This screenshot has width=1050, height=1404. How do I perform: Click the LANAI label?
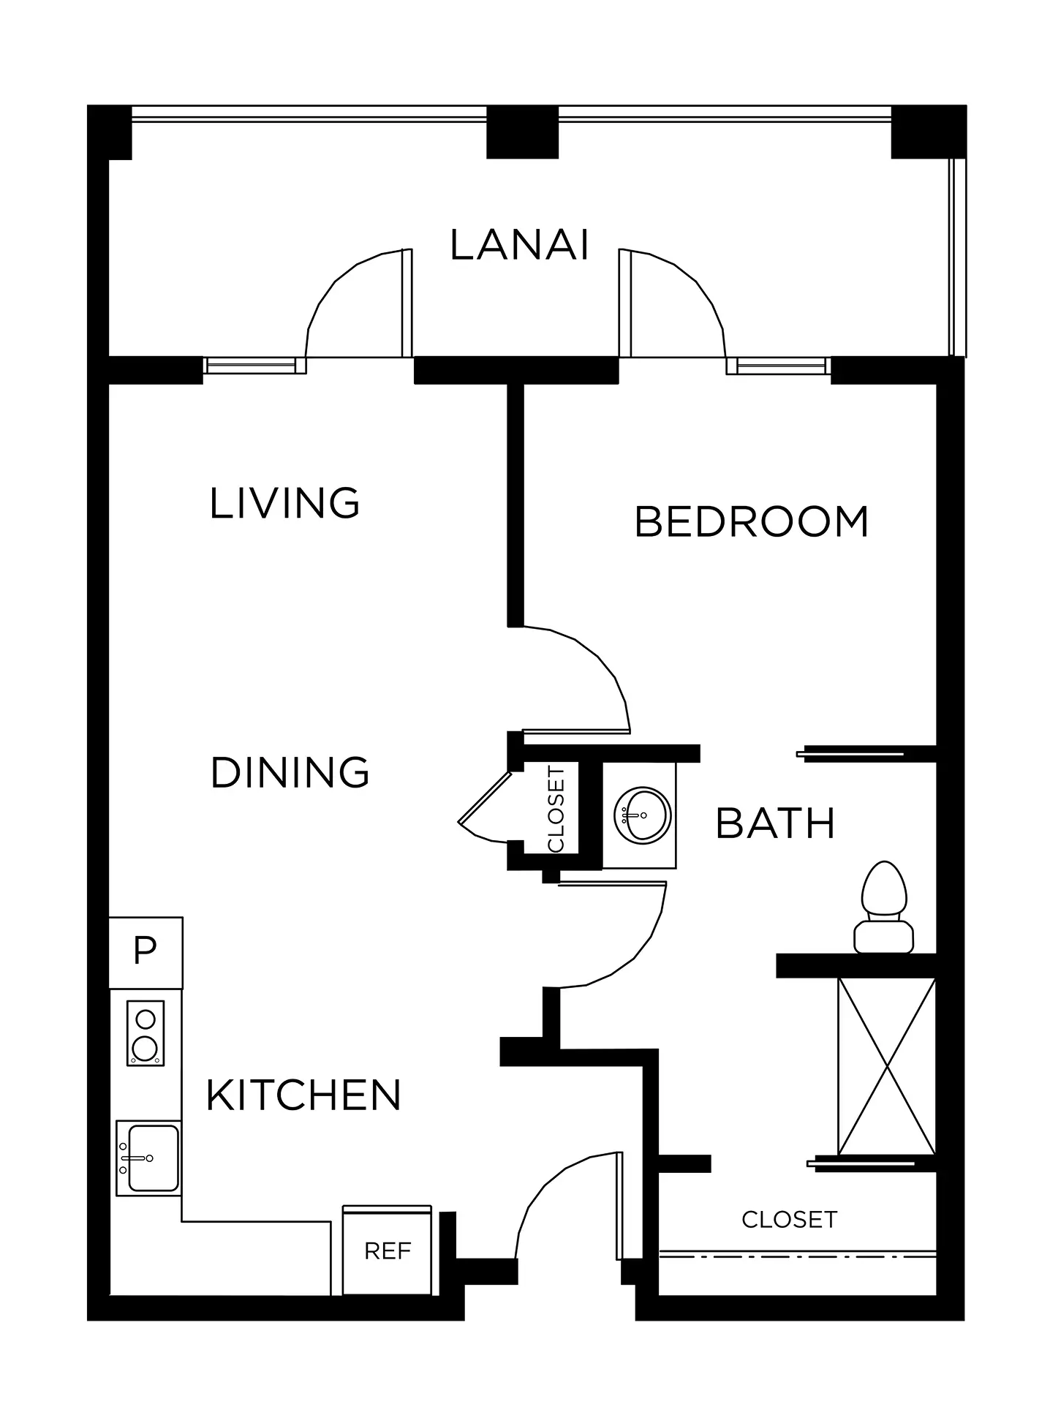tap(519, 245)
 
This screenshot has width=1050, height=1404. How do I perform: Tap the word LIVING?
tap(284, 503)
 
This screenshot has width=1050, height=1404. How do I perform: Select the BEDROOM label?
tap(752, 521)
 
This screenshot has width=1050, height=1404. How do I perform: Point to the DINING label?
tap(290, 772)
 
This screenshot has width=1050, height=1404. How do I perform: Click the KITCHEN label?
tap(303, 1095)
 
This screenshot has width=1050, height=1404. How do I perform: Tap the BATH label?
tap(775, 823)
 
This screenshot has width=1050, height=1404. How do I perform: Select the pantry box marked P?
tap(146, 952)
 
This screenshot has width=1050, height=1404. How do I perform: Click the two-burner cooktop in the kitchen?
tap(145, 1033)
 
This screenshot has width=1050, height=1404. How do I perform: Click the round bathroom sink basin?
tap(642, 815)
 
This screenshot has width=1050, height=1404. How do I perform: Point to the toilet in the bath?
tap(885, 907)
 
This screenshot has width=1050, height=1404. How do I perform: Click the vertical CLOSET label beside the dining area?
tap(556, 809)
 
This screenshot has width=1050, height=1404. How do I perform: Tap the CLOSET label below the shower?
tap(789, 1219)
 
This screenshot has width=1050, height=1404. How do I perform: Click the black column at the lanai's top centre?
tap(522, 132)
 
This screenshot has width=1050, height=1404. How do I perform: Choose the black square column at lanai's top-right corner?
tap(928, 132)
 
